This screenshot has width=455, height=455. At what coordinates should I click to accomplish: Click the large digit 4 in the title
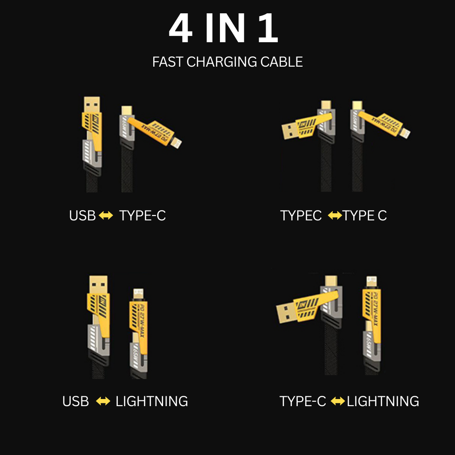(180, 29)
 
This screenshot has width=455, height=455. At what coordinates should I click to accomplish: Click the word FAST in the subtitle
(168, 62)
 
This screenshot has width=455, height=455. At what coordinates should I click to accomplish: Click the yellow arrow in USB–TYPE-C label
(106, 216)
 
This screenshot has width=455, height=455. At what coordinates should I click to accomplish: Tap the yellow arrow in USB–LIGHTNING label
(103, 401)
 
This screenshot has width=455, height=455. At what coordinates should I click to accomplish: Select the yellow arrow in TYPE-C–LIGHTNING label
(338, 401)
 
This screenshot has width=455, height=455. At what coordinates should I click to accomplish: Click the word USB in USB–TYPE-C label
(83, 216)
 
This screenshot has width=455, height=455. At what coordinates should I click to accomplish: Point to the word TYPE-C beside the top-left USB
(142, 216)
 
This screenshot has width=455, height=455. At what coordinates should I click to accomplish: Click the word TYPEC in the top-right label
(301, 216)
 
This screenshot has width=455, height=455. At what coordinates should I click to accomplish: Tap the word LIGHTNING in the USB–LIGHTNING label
(152, 401)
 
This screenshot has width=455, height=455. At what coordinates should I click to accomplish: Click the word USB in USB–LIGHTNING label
(76, 401)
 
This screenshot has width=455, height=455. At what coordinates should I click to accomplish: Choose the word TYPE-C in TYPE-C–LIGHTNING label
(303, 401)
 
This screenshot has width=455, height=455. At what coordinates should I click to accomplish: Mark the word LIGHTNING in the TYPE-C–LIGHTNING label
(383, 401)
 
